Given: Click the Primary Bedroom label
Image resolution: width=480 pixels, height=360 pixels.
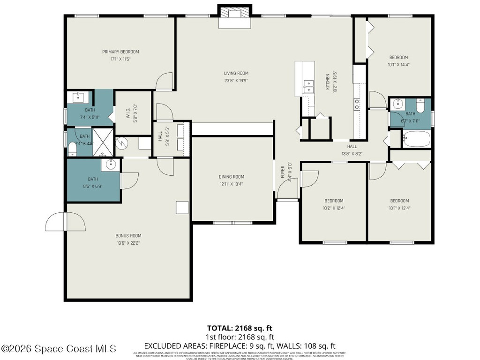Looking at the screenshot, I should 120,52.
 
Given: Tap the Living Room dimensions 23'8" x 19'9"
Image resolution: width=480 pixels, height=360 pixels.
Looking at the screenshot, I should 235,81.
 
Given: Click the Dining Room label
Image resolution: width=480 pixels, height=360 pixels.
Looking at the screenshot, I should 232,177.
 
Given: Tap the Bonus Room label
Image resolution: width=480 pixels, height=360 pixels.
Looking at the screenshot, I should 128,236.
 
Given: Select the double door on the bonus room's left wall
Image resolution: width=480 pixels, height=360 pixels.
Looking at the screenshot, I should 66,222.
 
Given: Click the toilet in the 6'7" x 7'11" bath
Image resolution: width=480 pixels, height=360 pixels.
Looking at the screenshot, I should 420,106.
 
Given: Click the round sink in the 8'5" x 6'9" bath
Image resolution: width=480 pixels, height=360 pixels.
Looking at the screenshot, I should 111,164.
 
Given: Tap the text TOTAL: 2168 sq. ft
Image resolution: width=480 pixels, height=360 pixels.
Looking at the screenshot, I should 240,328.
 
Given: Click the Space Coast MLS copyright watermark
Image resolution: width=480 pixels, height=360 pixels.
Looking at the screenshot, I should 59,349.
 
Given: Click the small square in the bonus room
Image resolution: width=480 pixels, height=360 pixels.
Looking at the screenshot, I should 182,208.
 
